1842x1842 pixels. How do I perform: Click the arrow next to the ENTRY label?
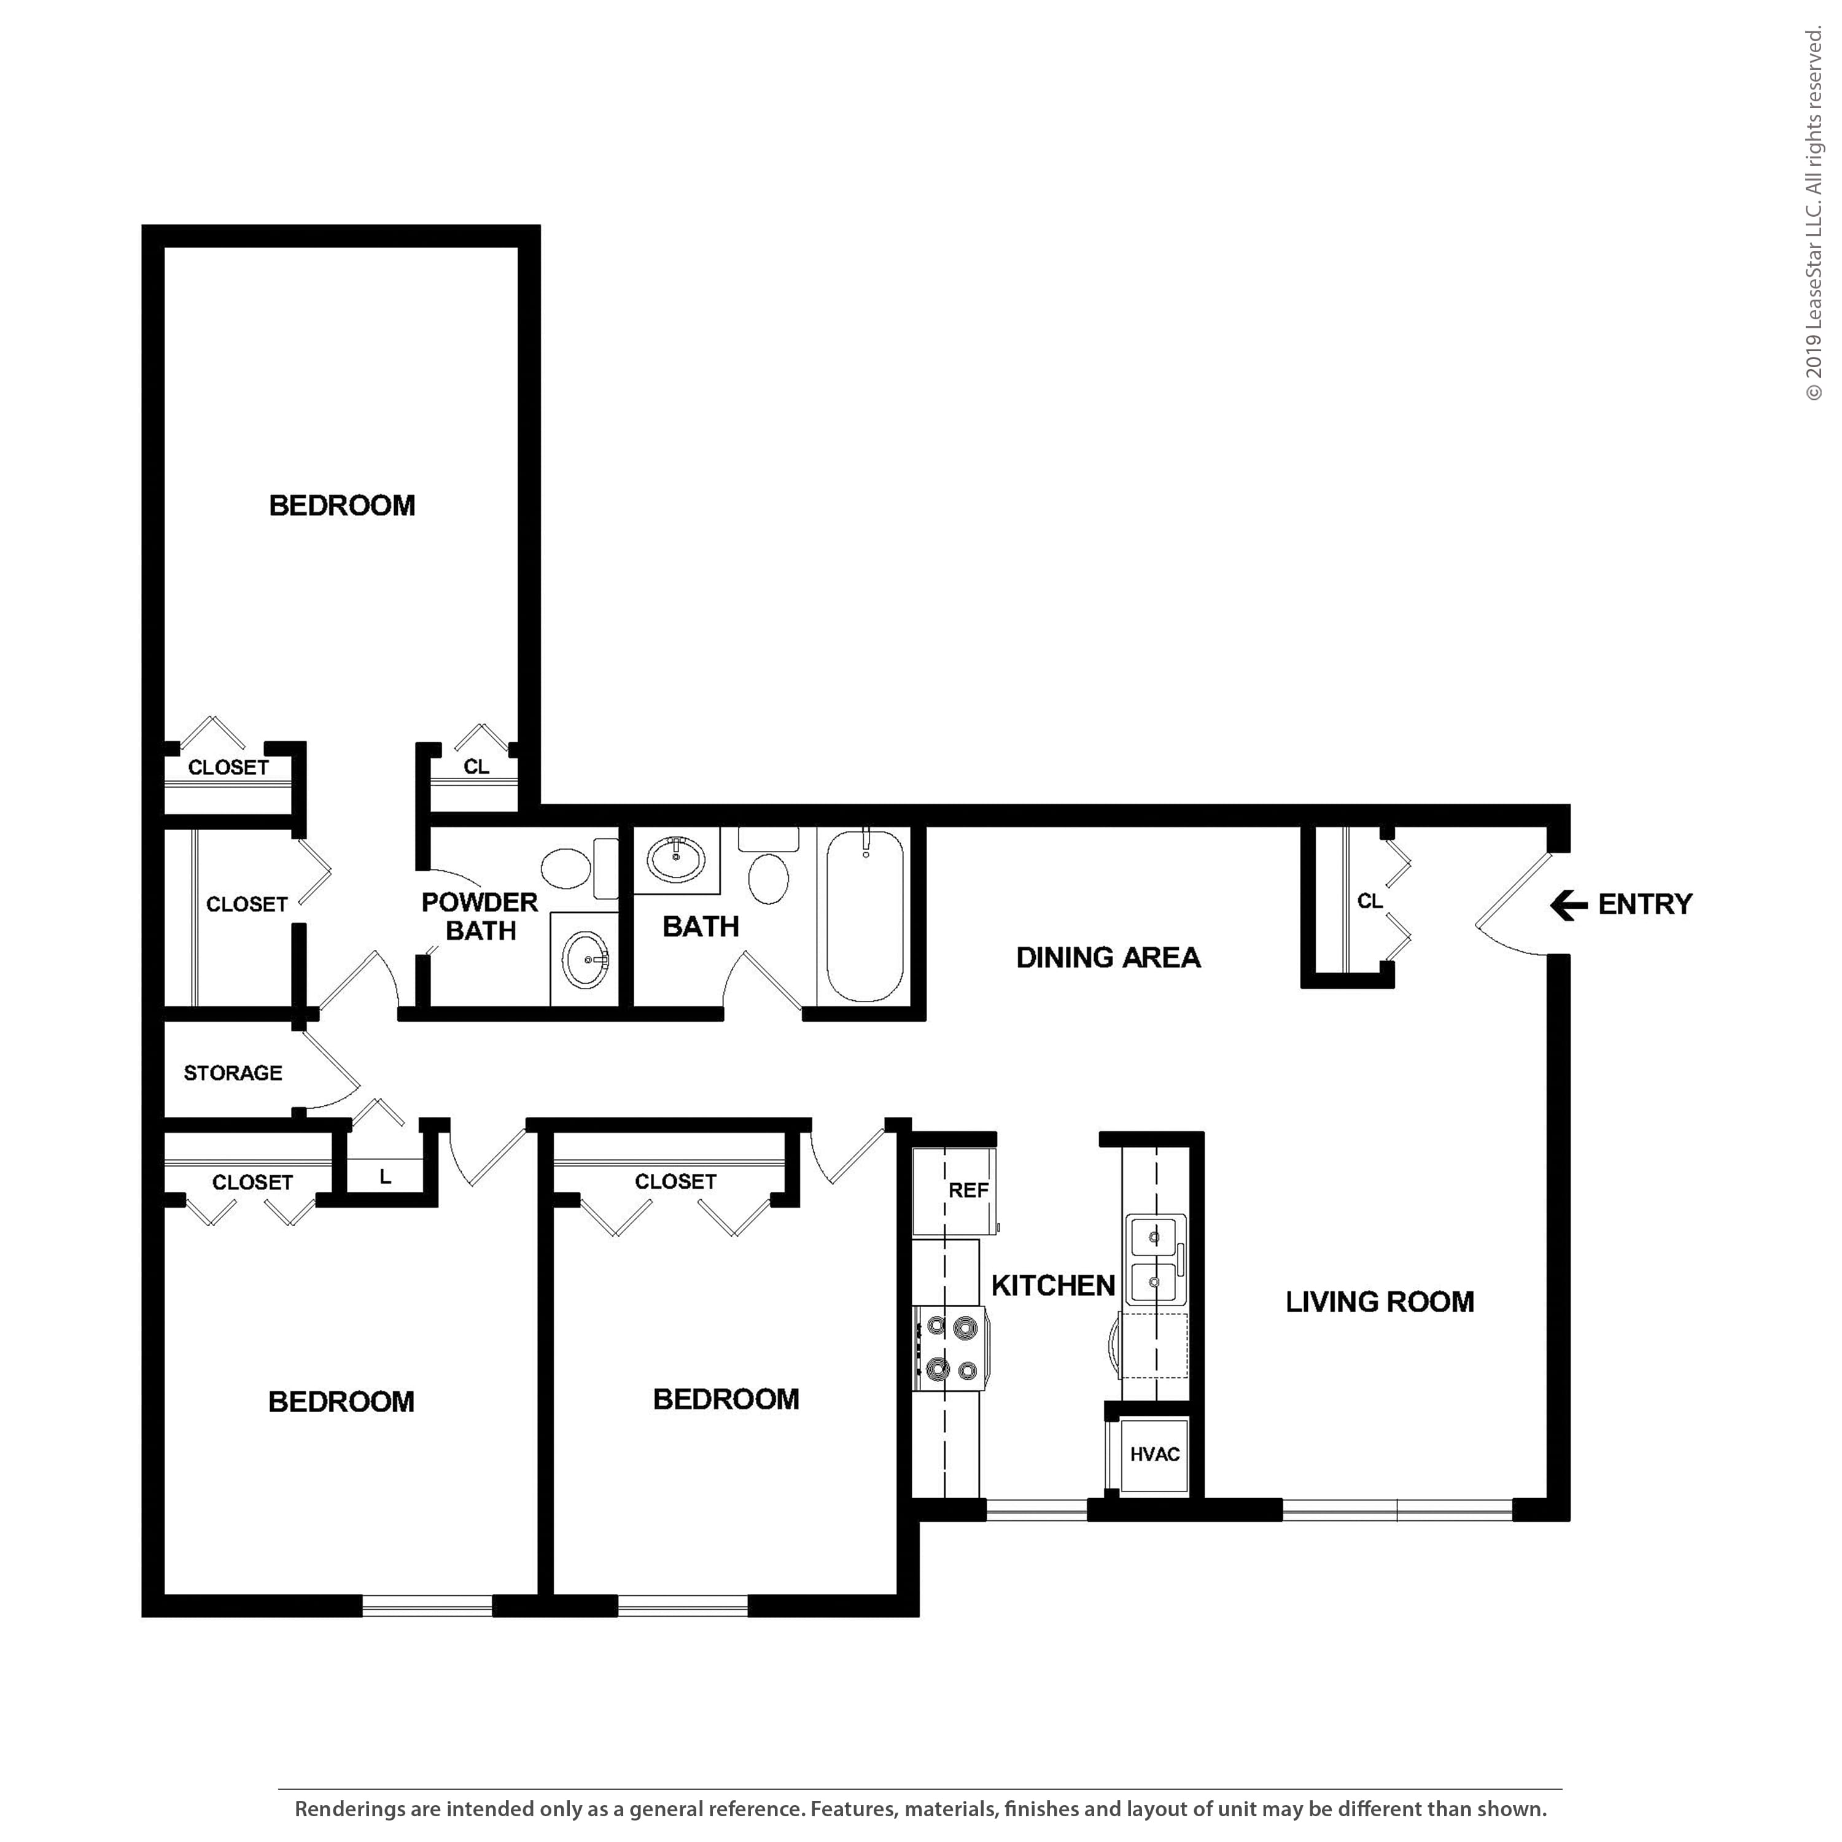1568,905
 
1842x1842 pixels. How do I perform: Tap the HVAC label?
1154,1454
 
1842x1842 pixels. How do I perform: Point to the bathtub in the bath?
864,915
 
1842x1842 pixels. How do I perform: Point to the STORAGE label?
233,1073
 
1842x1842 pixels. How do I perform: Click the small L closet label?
385,1176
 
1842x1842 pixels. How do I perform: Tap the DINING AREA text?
1108,957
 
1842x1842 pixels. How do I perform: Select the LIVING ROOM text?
1380,1302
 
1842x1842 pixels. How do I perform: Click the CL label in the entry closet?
1370,901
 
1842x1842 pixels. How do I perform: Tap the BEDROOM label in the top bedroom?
342,505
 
